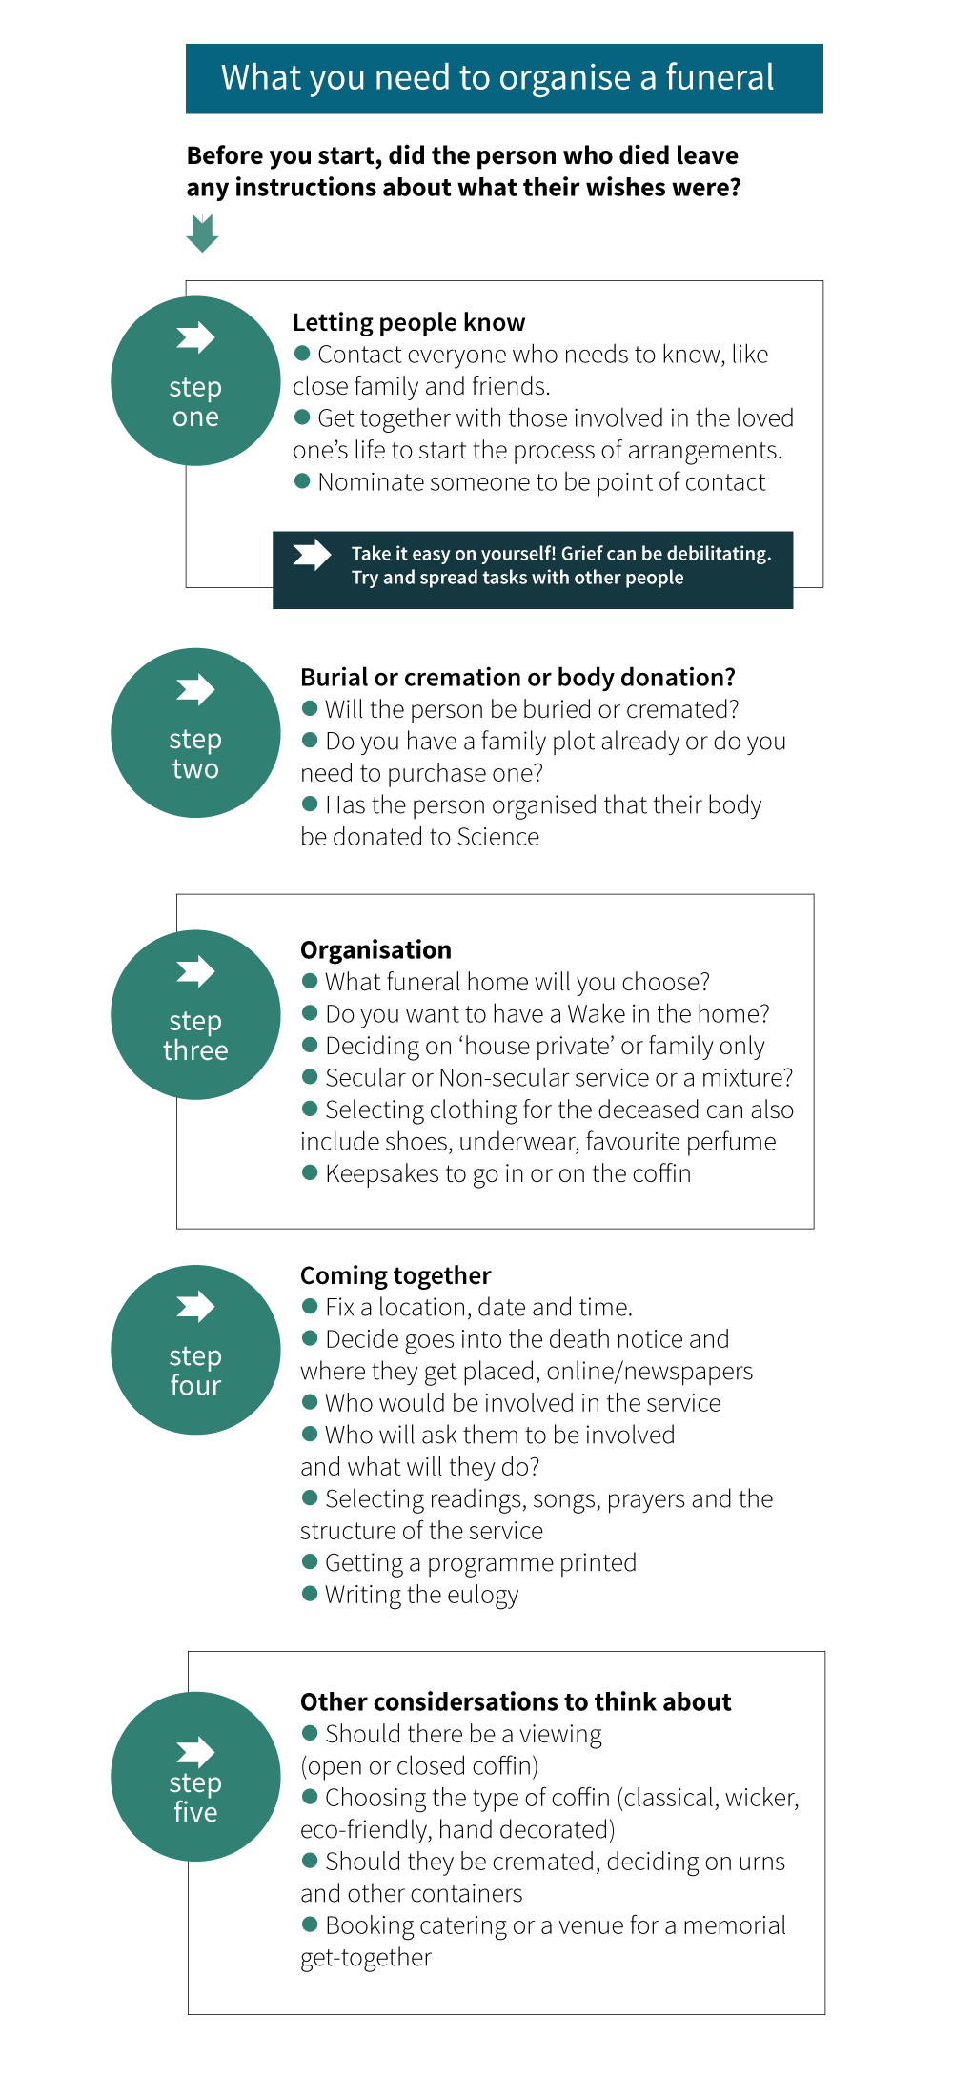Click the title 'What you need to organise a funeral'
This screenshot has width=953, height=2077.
pos(497,78)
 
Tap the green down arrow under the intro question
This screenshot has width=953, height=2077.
pos(202,234)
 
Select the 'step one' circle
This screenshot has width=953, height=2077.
pos(195,381)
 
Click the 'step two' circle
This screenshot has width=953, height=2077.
pos(195,733)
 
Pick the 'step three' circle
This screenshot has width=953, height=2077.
pos(195,1014)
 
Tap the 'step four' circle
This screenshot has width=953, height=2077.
pos(195,1350)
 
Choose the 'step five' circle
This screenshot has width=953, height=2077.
pos(195,1777)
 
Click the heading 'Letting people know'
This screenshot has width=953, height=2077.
pos(409,322)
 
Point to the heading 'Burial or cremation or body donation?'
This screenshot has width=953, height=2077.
pos(517,677)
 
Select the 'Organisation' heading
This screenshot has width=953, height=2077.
pos(375,949)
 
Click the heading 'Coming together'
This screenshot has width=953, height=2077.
pos(395,1275)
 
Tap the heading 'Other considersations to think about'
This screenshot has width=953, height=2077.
pos(516,1701)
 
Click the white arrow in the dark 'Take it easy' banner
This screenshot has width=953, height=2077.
pos(312,555)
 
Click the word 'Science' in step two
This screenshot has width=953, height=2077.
pos(498,837)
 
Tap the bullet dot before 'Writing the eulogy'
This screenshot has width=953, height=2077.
pos(310,1593)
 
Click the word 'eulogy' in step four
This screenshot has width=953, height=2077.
pos(483,1596)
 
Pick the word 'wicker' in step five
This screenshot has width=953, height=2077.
pos(761,1798)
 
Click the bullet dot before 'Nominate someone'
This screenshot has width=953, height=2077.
pos(302,480)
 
